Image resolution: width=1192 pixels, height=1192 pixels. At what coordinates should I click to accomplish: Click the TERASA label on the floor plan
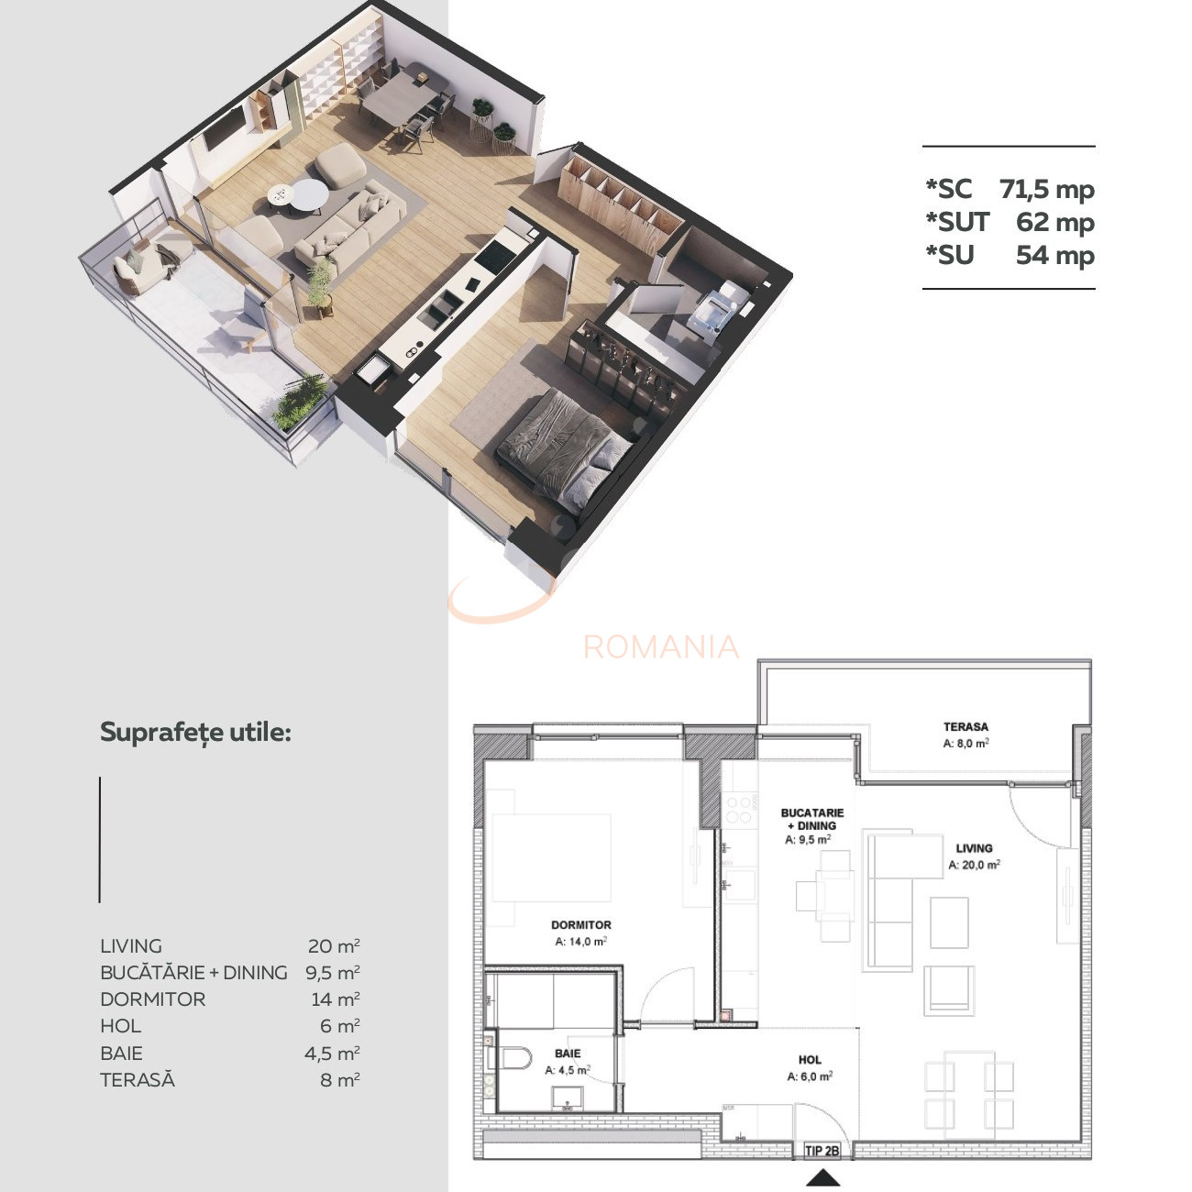coord(966,726)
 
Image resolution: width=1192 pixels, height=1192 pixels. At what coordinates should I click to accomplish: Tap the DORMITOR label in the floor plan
coord(581,925)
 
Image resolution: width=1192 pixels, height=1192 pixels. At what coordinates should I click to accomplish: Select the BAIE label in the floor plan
coord(568,1054)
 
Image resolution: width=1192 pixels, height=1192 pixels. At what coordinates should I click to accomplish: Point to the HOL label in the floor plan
coord(810,1060)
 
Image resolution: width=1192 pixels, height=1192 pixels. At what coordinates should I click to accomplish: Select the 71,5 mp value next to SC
coord(1047,190)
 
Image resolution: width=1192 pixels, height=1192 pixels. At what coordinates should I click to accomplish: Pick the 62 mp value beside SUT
coord(1054,222)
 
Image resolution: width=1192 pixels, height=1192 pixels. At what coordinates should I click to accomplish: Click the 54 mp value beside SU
coord(1054,255)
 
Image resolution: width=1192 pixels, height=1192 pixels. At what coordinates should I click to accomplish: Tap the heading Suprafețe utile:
coord(195,733)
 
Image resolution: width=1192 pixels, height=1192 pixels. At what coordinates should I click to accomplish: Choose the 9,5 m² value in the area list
coord(332,972)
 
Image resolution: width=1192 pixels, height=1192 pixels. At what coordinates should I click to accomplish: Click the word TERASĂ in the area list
coord(138,1079)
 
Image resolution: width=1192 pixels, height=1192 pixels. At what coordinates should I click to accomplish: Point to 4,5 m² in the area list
coord(332,1053)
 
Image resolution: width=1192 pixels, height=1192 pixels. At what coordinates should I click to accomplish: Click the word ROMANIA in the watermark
coord(660,647)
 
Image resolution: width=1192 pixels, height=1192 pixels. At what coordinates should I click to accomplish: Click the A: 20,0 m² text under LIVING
coord(974,865)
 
